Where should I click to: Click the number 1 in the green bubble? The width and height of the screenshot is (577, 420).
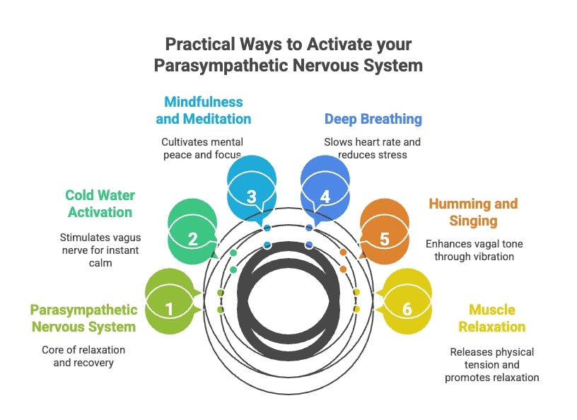[x=169, y=309]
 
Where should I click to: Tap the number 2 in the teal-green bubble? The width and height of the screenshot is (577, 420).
[x=192, y=239]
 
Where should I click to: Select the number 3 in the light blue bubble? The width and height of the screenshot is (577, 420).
[x=252, y=196]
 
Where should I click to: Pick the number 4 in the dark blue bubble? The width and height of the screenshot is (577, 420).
[x=325, y=196]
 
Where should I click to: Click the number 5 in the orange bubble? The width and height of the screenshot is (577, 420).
[x=385, y=239]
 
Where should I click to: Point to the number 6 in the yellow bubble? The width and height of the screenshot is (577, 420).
[x=407, y=309]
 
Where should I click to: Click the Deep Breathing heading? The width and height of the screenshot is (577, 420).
[x=373, y=119]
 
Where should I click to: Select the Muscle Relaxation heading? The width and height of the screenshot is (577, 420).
[x=492, y=318]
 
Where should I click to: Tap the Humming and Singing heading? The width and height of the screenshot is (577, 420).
[x=473, y=212]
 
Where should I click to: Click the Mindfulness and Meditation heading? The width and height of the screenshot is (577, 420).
[x=204, y=110]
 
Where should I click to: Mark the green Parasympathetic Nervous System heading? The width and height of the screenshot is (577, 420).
[x=83, y=318]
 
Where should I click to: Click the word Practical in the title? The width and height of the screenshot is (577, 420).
[x=199, y=44]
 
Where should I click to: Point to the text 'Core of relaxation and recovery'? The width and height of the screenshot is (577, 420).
[x=84, y=356]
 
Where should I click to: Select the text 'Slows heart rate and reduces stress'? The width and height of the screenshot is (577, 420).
[x=372, y=148]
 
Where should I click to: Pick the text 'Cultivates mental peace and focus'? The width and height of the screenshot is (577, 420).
[x=202, y=148]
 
